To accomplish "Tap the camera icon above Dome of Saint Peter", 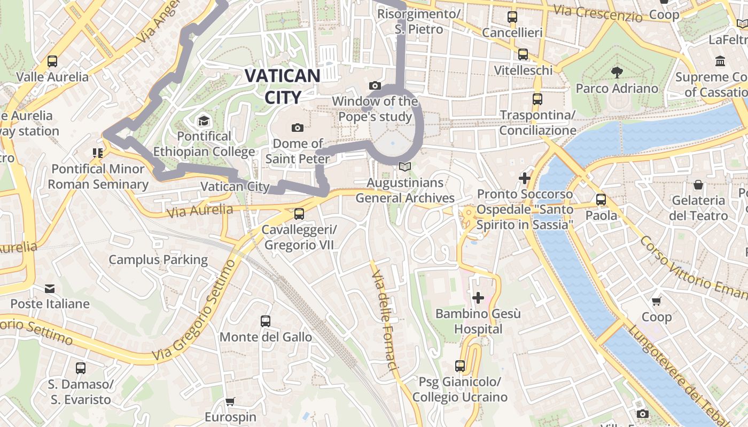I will coord(298,128).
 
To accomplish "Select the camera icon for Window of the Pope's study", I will coord(375,85).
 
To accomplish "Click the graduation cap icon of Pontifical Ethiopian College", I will coord(204,121).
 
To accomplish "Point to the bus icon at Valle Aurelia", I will coord(52,61).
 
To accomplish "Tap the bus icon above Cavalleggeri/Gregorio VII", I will coord(299,214).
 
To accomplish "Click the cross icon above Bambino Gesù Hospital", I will coord(478,297).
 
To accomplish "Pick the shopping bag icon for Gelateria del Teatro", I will coord(698,185).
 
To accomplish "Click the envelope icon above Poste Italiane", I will coord(50,289).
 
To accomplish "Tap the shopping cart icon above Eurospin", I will coord(230,401).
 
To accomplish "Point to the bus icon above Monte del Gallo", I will coord(266,321).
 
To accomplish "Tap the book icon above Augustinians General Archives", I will coord(405,167).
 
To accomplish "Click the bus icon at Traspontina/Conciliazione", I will coord(537,99).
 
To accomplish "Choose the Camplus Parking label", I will coord(158,260).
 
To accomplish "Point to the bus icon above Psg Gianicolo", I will coord(459,366).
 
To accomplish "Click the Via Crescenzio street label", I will coord(598,13).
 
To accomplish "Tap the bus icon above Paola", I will coord(601,200).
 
